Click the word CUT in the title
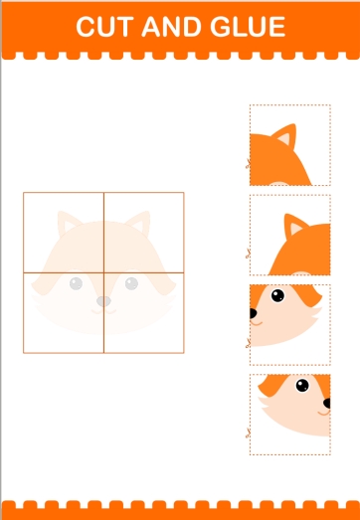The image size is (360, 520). pyautogui.click(x=104, y=27)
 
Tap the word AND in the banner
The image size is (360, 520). pyautogui.click(x=171, y=27)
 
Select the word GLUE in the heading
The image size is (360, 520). pyautogui.click(x=248, y=27)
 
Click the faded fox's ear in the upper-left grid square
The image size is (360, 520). pyautogui.click(x=67, y=223)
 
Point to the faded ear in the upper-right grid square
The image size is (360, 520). pyautogui.click(x=139, y=223)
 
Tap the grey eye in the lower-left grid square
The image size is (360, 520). pyautogui.click(x=76, y=283)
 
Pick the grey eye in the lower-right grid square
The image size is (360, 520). pyautogui.click(x=131, y=283)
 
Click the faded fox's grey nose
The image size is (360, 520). pyautogui.click(x=103, y=301)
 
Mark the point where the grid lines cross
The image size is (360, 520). pyautogui.click(x=103, y=272)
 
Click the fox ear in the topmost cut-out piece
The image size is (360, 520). pyautogui.click(x=285, y=135)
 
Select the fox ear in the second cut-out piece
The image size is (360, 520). pyautogui.click(x=294, y=226)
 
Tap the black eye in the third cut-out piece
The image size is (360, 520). pyautogui.click(x=277, y=295)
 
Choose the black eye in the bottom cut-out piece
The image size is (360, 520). pyautogui.click(x=302, y=386)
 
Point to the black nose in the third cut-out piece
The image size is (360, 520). pyautogui.click(x=253, y=313)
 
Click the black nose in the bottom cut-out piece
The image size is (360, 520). pyautogui.click(x=327, y=404)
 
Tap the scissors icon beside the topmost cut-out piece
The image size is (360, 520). pyautogui.click(x=248, y=163)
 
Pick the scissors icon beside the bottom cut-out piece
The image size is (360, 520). pyautogui.click(x=248, y=433)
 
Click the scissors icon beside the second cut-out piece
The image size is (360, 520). pyautogui.click(x=248, y=254)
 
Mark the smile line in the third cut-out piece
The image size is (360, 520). pyautogui.click(x=257, y=323)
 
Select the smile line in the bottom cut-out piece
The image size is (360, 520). pyautogui.click(x=324, y=414)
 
